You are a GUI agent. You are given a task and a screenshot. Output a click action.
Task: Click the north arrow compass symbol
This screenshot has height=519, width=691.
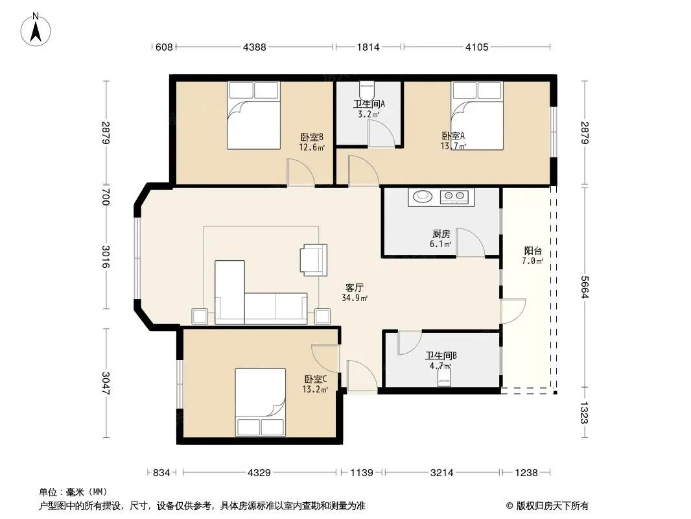[36, 30]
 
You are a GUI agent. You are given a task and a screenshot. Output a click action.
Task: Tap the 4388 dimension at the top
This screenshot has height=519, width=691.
[255, 47]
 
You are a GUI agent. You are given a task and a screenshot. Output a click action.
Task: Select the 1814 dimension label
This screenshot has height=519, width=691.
[368, 47]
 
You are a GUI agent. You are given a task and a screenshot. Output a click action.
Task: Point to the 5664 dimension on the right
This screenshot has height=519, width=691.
[584, 287]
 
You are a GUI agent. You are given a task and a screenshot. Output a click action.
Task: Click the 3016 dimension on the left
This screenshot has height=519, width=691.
[106, 257]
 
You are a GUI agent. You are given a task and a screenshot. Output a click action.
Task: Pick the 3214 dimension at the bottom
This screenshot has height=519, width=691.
[441, 473]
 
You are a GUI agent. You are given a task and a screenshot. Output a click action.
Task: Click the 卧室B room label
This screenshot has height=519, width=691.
[312, 137]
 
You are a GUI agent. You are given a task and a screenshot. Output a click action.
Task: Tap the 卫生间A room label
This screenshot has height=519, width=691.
[369, 104]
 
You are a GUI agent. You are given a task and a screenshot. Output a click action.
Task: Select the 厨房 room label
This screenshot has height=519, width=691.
[441, 234]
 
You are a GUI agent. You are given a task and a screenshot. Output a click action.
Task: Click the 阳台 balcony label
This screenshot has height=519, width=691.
[533, 251]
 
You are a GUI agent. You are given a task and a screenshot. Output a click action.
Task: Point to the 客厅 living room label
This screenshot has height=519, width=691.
[355, 288]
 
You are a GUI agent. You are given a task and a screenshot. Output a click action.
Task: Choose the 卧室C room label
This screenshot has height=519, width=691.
[316, 380]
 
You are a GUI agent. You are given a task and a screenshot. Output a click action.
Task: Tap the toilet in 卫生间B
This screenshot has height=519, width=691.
[445, 377]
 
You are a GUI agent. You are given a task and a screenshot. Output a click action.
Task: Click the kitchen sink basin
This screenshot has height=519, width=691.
[423, 196]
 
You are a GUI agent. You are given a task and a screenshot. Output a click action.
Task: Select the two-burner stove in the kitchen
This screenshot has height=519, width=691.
[454, 196]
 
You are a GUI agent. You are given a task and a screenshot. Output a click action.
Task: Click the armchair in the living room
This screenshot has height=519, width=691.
[313, 259]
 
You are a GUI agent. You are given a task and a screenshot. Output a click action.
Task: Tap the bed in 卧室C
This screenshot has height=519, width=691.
[261, 402]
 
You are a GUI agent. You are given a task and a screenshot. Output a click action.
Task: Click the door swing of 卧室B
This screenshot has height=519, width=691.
[301, 173]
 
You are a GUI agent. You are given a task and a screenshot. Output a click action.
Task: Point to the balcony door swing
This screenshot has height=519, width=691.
[513, 311]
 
